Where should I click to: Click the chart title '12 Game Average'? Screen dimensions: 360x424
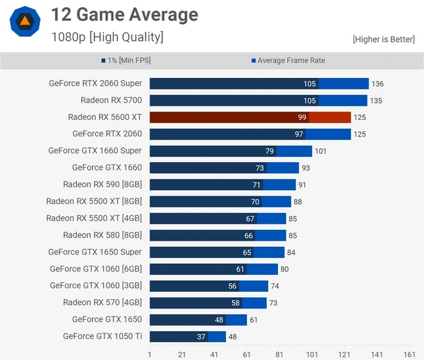click(124, 15)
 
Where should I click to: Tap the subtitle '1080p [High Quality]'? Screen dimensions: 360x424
click(107, 38)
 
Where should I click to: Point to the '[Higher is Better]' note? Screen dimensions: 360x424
click(384, 39)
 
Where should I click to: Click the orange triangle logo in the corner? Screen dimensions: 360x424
click(25, 22)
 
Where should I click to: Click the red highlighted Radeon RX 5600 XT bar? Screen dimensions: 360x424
click(250, 117)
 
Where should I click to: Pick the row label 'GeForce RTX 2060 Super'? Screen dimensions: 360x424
click(95, 83)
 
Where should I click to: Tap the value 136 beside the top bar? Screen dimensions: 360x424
click(377, 84)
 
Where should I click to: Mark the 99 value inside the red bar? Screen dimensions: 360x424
click(302, 117)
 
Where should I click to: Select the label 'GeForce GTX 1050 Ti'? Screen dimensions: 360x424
click(102, 336)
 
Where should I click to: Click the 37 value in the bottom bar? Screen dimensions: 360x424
click(200, 336)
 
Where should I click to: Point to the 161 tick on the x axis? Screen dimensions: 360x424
click(409, 353)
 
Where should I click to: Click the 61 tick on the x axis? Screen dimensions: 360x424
click(247, 353)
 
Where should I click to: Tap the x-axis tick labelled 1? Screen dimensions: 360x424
click(150, 353)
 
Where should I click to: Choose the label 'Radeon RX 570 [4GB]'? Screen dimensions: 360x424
click(102, 303)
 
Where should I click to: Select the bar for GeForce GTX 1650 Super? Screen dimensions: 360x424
click(217, 252)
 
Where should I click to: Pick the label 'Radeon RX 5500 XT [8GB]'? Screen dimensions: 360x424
click(94, 201)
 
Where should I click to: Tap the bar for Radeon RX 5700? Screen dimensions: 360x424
click(258, 100)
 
